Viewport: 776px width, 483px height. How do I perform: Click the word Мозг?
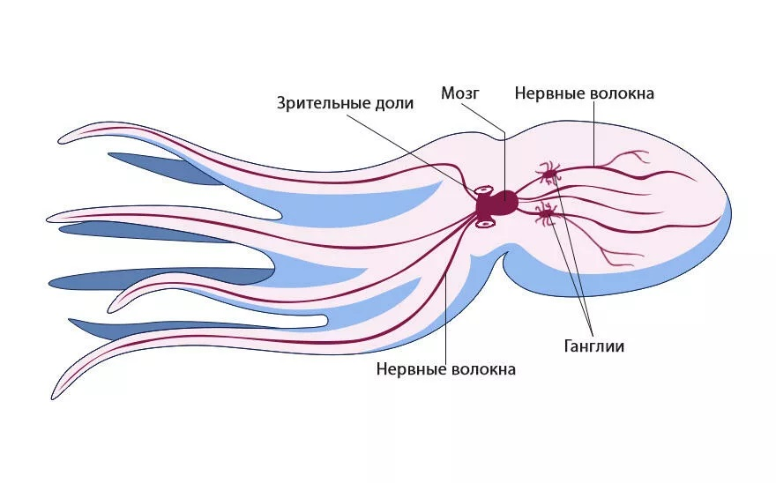460,93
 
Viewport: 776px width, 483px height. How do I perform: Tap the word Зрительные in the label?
324,103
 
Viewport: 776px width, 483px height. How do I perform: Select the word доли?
394,103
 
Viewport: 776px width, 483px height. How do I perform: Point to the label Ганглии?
593,346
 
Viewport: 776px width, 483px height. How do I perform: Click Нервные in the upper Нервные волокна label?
547,93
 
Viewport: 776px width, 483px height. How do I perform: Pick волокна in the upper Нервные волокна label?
619,93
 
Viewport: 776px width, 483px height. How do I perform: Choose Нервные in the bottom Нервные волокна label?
408,369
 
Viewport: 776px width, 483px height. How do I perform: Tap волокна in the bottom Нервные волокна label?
481,369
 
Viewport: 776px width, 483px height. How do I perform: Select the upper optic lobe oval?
484,190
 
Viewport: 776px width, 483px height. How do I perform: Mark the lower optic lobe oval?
486,224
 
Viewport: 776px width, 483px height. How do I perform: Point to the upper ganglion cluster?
548,174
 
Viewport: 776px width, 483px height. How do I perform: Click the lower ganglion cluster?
547,214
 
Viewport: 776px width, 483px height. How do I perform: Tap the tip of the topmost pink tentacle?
59,142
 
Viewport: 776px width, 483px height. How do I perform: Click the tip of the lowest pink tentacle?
52,398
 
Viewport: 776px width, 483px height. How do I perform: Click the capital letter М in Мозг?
447,93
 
